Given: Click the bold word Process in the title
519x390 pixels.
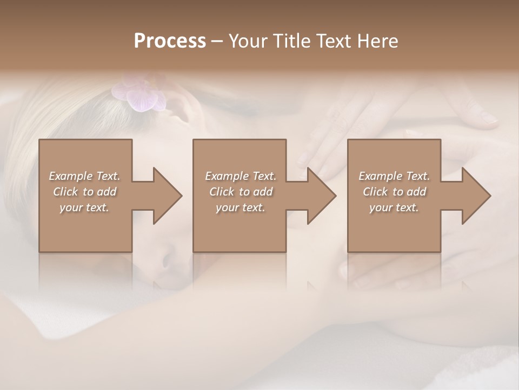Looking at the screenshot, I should (170, 41).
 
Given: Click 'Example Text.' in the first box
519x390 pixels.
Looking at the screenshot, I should (84, 176).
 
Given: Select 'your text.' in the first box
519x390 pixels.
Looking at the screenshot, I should (84, 207).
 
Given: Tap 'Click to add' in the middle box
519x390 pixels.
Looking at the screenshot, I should (241, 192).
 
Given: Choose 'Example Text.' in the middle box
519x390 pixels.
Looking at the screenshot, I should (241, 176).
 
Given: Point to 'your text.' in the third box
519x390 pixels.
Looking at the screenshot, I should (394, 207).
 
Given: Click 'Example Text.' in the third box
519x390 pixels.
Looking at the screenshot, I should (394, 176).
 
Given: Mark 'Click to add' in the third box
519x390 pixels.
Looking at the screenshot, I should (394, 192).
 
